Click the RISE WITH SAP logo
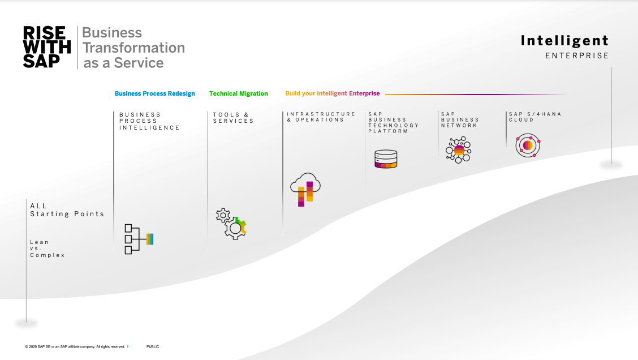pyautogui.click(x=47, y=47)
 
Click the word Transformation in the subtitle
pyautogui.click(x=134, y=48)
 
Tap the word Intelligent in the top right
pyautogui.click(x=565, y=41)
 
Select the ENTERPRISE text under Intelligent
pyautogui.click(x=577, y=56)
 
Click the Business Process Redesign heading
pyautogui.click(x=154, y=93)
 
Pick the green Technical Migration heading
pyautogui.click(x=239, y=93)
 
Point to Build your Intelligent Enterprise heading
pyautogui.click(x=333, y=93)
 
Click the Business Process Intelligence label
pyautogui.click(x=149, y=121)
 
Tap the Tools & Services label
pyautogui.click(x=234, y=118)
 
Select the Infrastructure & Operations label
pyautogui.click(x=321, y=117)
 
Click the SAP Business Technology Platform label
pyautogui.click(x=394, y=123)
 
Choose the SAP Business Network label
pyautogui.click(x=460, y=120)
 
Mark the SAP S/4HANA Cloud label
pyautogui.click(x=535, y=117)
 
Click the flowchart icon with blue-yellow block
pyautogui.click(x=139, y=239)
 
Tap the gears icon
pyautogui.click(x=231, y=224)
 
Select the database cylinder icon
pyautogui.click(x=386, y=159)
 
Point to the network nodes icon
pyautogui.click(x=459, y=150)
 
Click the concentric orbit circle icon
pyautogui.click(x=528, y=145)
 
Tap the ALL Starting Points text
pyautogui.click(x=67, y=210)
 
